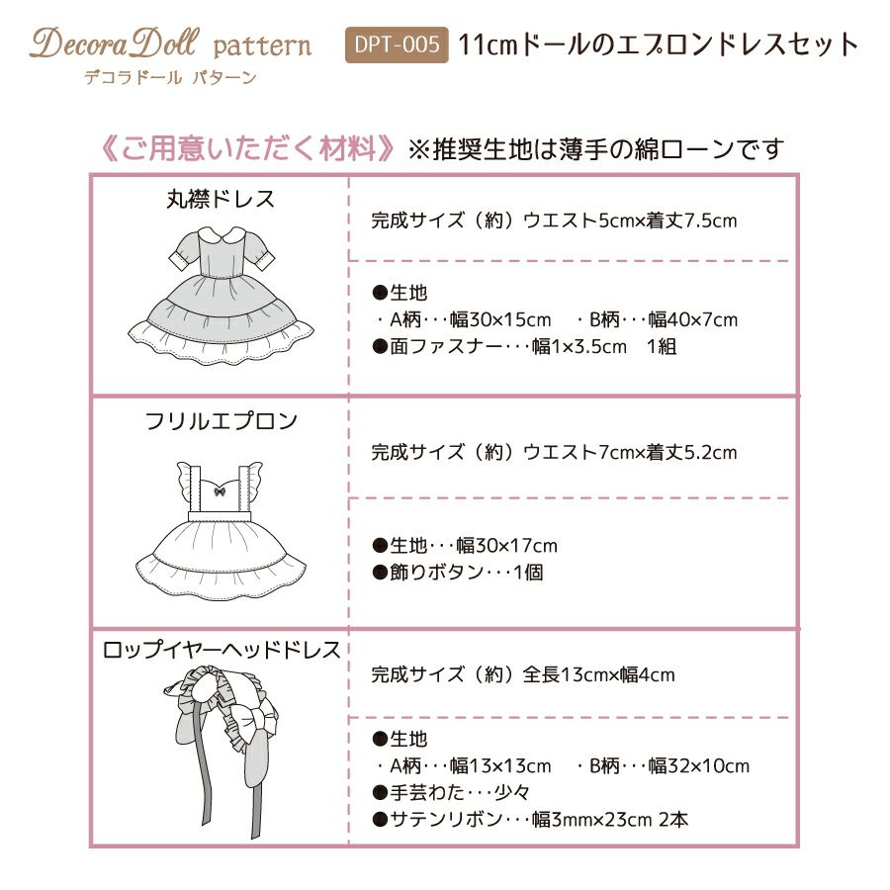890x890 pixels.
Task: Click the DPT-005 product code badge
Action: pyautogui.click(x=397, y=44)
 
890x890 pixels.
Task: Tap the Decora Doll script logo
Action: pyautogui.click(x=115, y=44)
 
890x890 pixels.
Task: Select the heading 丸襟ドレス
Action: pyautogui.click(x=221, y=199)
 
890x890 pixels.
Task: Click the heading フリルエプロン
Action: pyautogui.click(x=221, y=421)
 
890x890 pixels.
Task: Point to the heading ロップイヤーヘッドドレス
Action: pyautogui.click(x=221, y=650)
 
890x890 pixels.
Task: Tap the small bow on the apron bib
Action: pyautogui.click(x=220, y=490)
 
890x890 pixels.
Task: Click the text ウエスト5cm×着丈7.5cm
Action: pyautogui.click(x=630, y=221)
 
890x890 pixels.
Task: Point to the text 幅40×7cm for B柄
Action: pyautogui.click(x=692, y=319)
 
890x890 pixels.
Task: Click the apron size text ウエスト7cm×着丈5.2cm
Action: pyautogui.click(x=630, y=452)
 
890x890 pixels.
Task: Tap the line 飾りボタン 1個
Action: pyautogui.click(x=458, y=573)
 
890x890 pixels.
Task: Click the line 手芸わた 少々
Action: pyautogui.click(x=451, y=792)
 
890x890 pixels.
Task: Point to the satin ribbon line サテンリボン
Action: pyautogui.click(x=530, y=819)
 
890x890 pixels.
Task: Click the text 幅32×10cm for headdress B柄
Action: pyautogui.click(x=698, y=765)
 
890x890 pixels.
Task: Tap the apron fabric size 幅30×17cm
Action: pyautogui.click(x=507, y=546)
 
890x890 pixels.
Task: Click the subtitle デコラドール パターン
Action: pyautogui.click(x=170, y=77)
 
